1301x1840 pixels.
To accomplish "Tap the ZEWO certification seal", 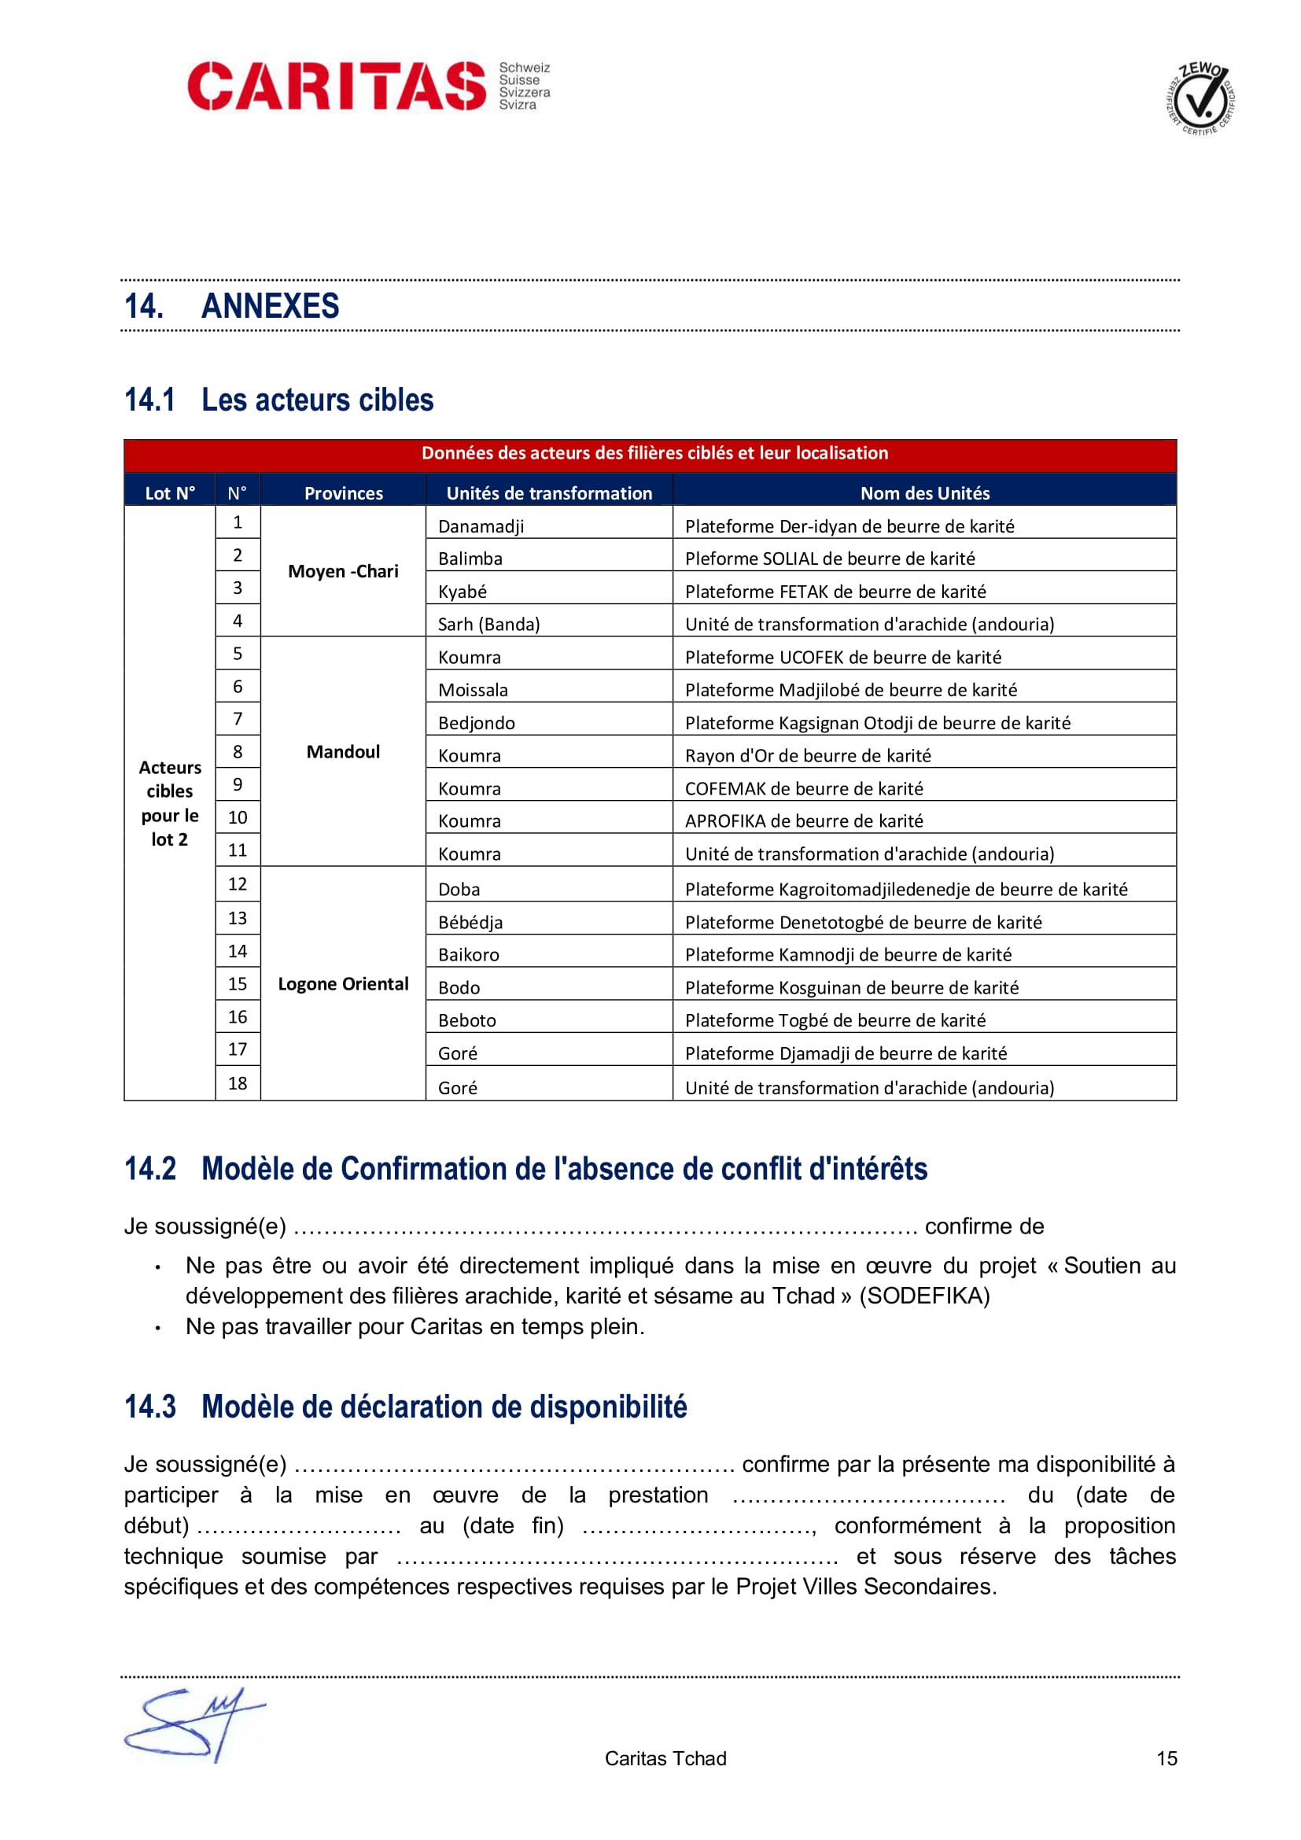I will point(1200,98).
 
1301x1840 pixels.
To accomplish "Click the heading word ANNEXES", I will point(270,306).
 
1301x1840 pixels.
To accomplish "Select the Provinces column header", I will point(343,493).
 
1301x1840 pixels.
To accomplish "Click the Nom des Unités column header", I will point(924,493).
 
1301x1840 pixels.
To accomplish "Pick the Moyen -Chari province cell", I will point(343,571).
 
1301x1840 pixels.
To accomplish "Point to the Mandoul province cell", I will point(343,752).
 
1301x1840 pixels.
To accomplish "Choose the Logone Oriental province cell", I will point(343,984).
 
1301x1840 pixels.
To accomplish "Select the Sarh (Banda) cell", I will point(488,625).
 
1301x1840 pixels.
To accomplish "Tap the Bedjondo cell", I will point(477,723).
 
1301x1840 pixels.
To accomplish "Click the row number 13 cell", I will point(238,918).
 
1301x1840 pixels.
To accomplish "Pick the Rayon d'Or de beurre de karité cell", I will point(808,756).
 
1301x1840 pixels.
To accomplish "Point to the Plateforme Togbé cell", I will point(835,1020).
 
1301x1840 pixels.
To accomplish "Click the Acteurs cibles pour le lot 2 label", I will point(170,803).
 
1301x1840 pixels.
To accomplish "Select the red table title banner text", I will point(654,453).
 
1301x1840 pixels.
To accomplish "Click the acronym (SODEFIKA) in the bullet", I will point(924,1296).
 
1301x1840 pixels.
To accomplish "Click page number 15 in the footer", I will point(1166,1758).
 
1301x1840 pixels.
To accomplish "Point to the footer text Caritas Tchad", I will point(665,1758).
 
